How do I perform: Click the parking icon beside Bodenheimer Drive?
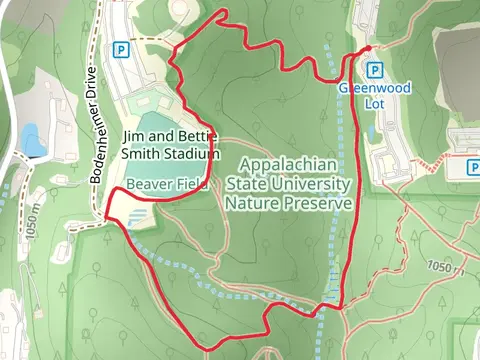tap(122, 49)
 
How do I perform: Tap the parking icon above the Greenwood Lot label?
tap(375, 70)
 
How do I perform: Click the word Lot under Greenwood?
tap(374, 102)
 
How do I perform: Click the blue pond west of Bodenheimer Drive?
tap(32, 140)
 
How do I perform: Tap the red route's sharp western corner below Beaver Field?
tap(105, 212)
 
